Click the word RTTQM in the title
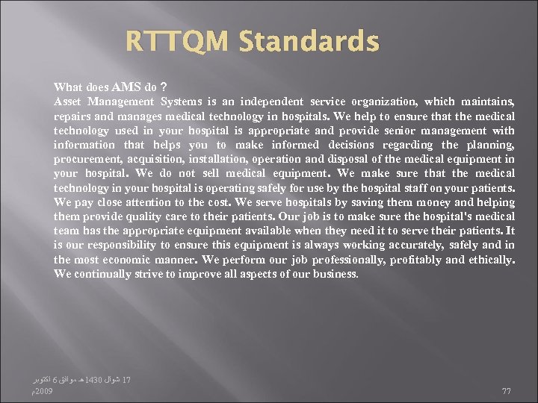tap(177, 42)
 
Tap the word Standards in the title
tap(309, 42)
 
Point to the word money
tap(414, 202)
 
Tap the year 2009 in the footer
tap(43, 390)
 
